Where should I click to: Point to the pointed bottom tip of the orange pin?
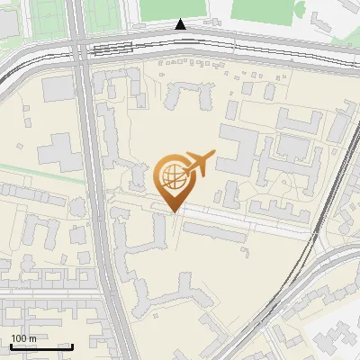172,212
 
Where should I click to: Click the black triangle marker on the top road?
181,25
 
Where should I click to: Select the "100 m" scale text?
23,338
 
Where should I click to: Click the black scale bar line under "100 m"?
41,346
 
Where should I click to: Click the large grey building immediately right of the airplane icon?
236,148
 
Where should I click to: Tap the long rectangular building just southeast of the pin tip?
216,231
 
